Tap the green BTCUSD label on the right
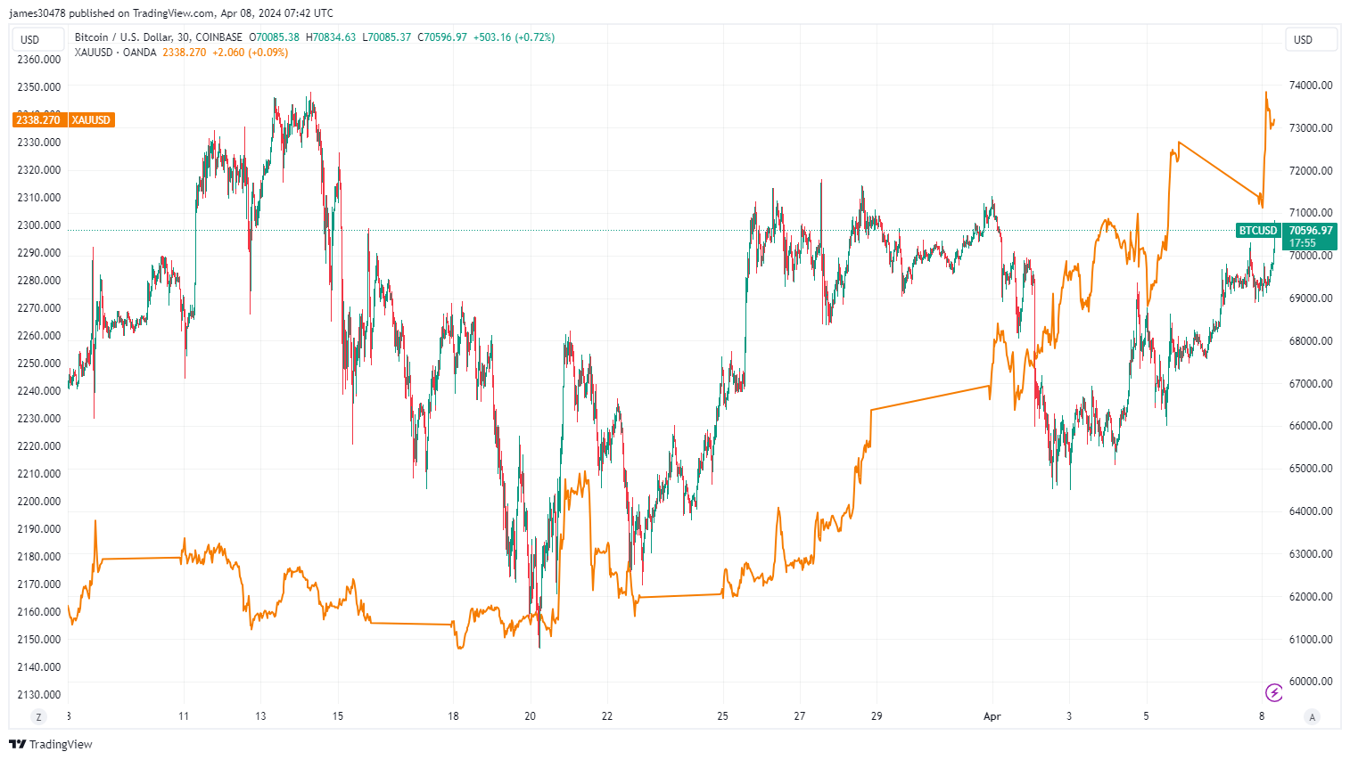[1257, 231]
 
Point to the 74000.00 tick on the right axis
[1311, 86]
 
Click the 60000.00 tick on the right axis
[1311, 682]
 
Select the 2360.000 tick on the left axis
[39, 60]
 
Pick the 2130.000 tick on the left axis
[39, 695]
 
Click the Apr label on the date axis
[992, 716]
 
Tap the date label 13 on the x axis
[260, 716]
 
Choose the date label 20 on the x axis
[531, 716]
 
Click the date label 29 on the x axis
[877, 716]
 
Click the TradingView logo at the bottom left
[51, 744]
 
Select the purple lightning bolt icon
[1274, 692]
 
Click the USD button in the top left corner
[30, 39]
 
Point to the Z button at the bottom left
[38, 716]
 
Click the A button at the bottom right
[1311, 716]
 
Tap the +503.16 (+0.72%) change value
[514, 37]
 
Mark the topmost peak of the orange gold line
[1265, 93]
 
